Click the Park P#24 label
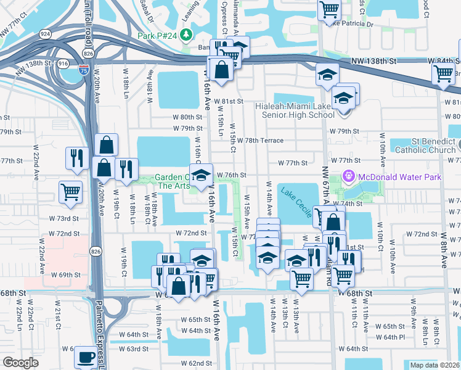157,36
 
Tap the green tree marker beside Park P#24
186,36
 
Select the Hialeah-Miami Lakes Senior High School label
295,110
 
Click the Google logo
20,363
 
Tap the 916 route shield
62,63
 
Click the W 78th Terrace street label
259,141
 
